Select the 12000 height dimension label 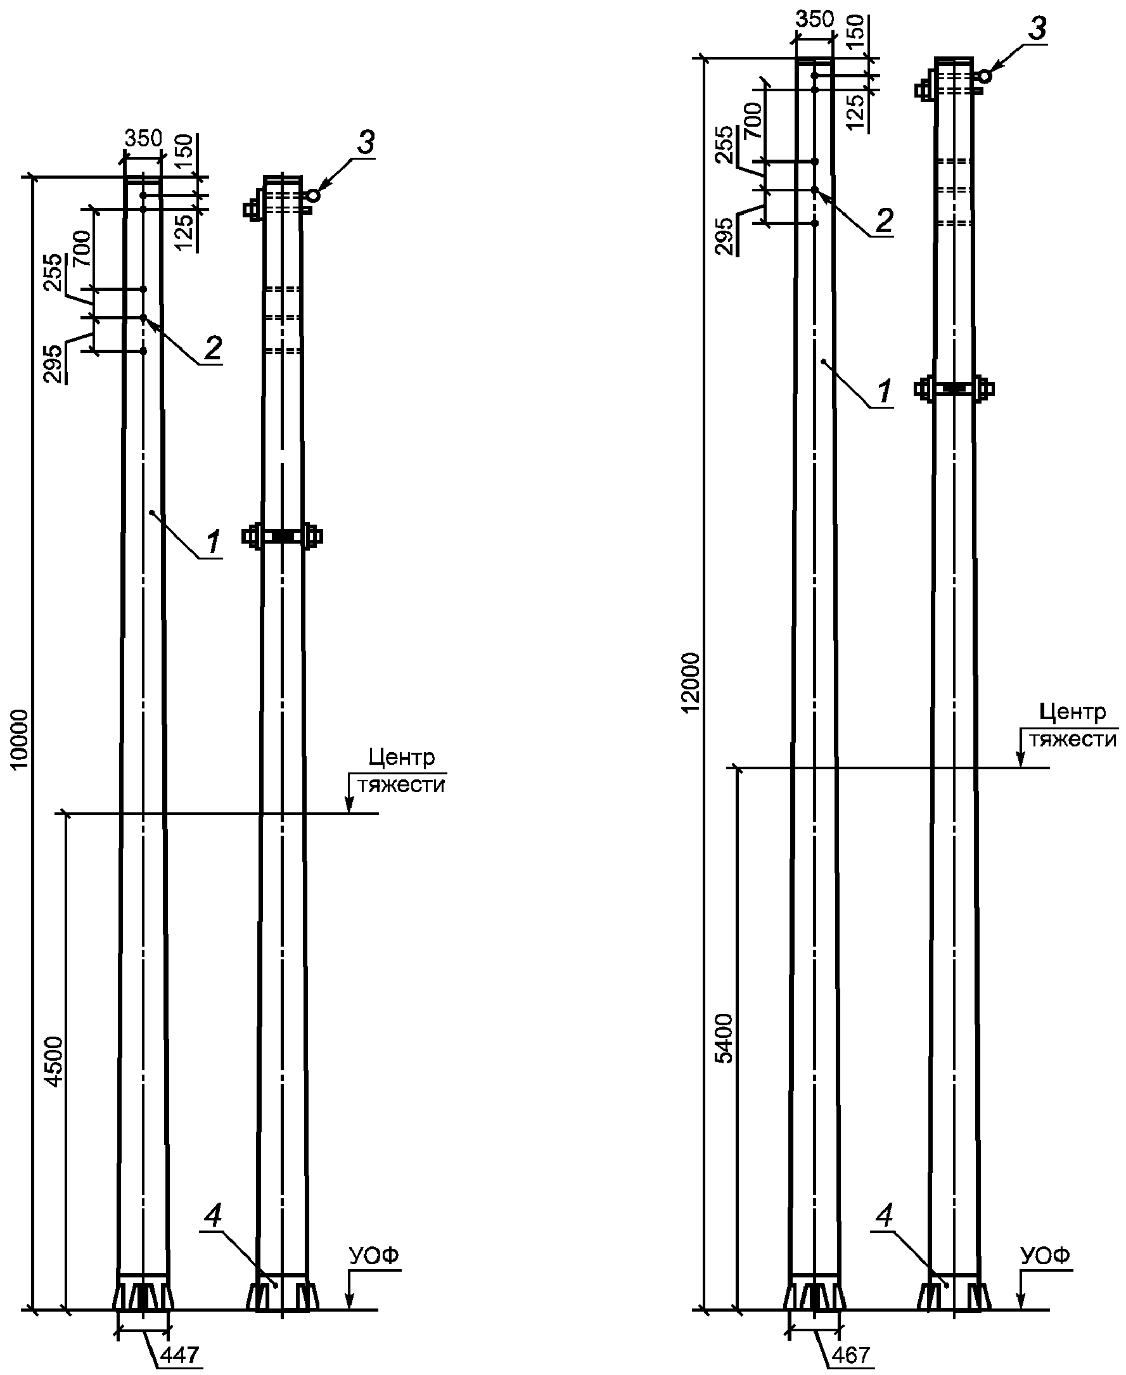tap(692, 682)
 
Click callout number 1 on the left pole tap(213, 542)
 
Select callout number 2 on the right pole tap(885, 222)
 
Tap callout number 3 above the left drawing tap(366, 143)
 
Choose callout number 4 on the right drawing tap(884, 1215)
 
